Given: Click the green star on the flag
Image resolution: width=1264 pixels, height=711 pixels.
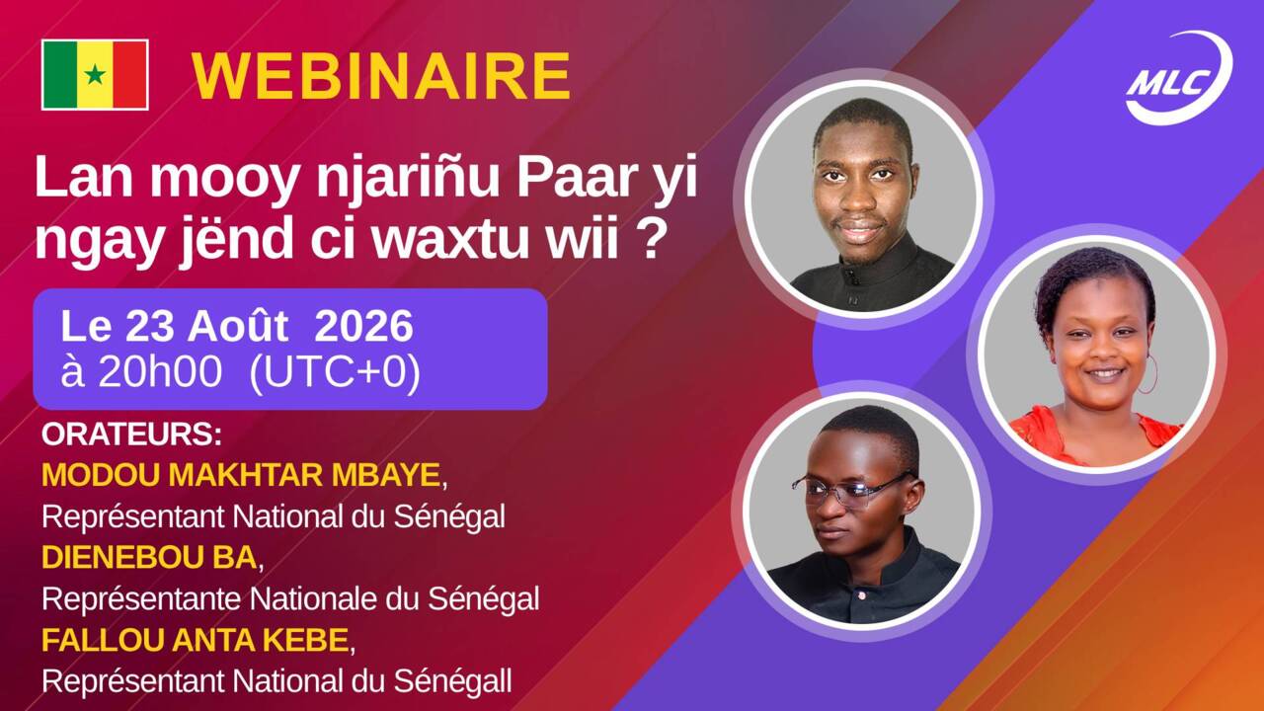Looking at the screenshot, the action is click(x=95, y=74).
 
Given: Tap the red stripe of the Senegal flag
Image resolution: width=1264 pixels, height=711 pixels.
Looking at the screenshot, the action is click(x=130, y=74).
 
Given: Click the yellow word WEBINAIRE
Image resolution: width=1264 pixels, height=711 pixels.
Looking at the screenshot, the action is click(x=381, y=77).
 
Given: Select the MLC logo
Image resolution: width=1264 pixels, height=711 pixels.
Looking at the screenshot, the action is click(x=1179, y=78).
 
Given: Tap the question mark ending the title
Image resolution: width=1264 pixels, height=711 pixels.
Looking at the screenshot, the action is click(x=651, y=238).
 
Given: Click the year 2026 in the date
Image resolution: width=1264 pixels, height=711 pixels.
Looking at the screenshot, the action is click(x=363, y=326).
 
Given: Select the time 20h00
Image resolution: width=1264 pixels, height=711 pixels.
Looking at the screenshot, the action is click(x=160, y=372).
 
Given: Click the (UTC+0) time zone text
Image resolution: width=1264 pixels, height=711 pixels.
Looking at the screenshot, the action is click(x=335, y=373).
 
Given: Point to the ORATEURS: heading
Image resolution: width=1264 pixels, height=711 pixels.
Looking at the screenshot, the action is click(x=131, y=434).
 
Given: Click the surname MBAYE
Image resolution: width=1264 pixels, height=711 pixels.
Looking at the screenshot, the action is click(x=385, y=475).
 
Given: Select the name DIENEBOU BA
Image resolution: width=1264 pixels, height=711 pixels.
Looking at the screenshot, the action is click(x=149, y=558).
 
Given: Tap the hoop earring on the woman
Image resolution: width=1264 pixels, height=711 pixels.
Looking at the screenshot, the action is click(x=1146, y=373).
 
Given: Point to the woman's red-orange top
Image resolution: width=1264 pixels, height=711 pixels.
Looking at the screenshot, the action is click(x=1095, y=435).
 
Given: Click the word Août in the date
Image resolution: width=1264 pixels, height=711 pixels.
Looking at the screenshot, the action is click(x=238, y=326).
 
